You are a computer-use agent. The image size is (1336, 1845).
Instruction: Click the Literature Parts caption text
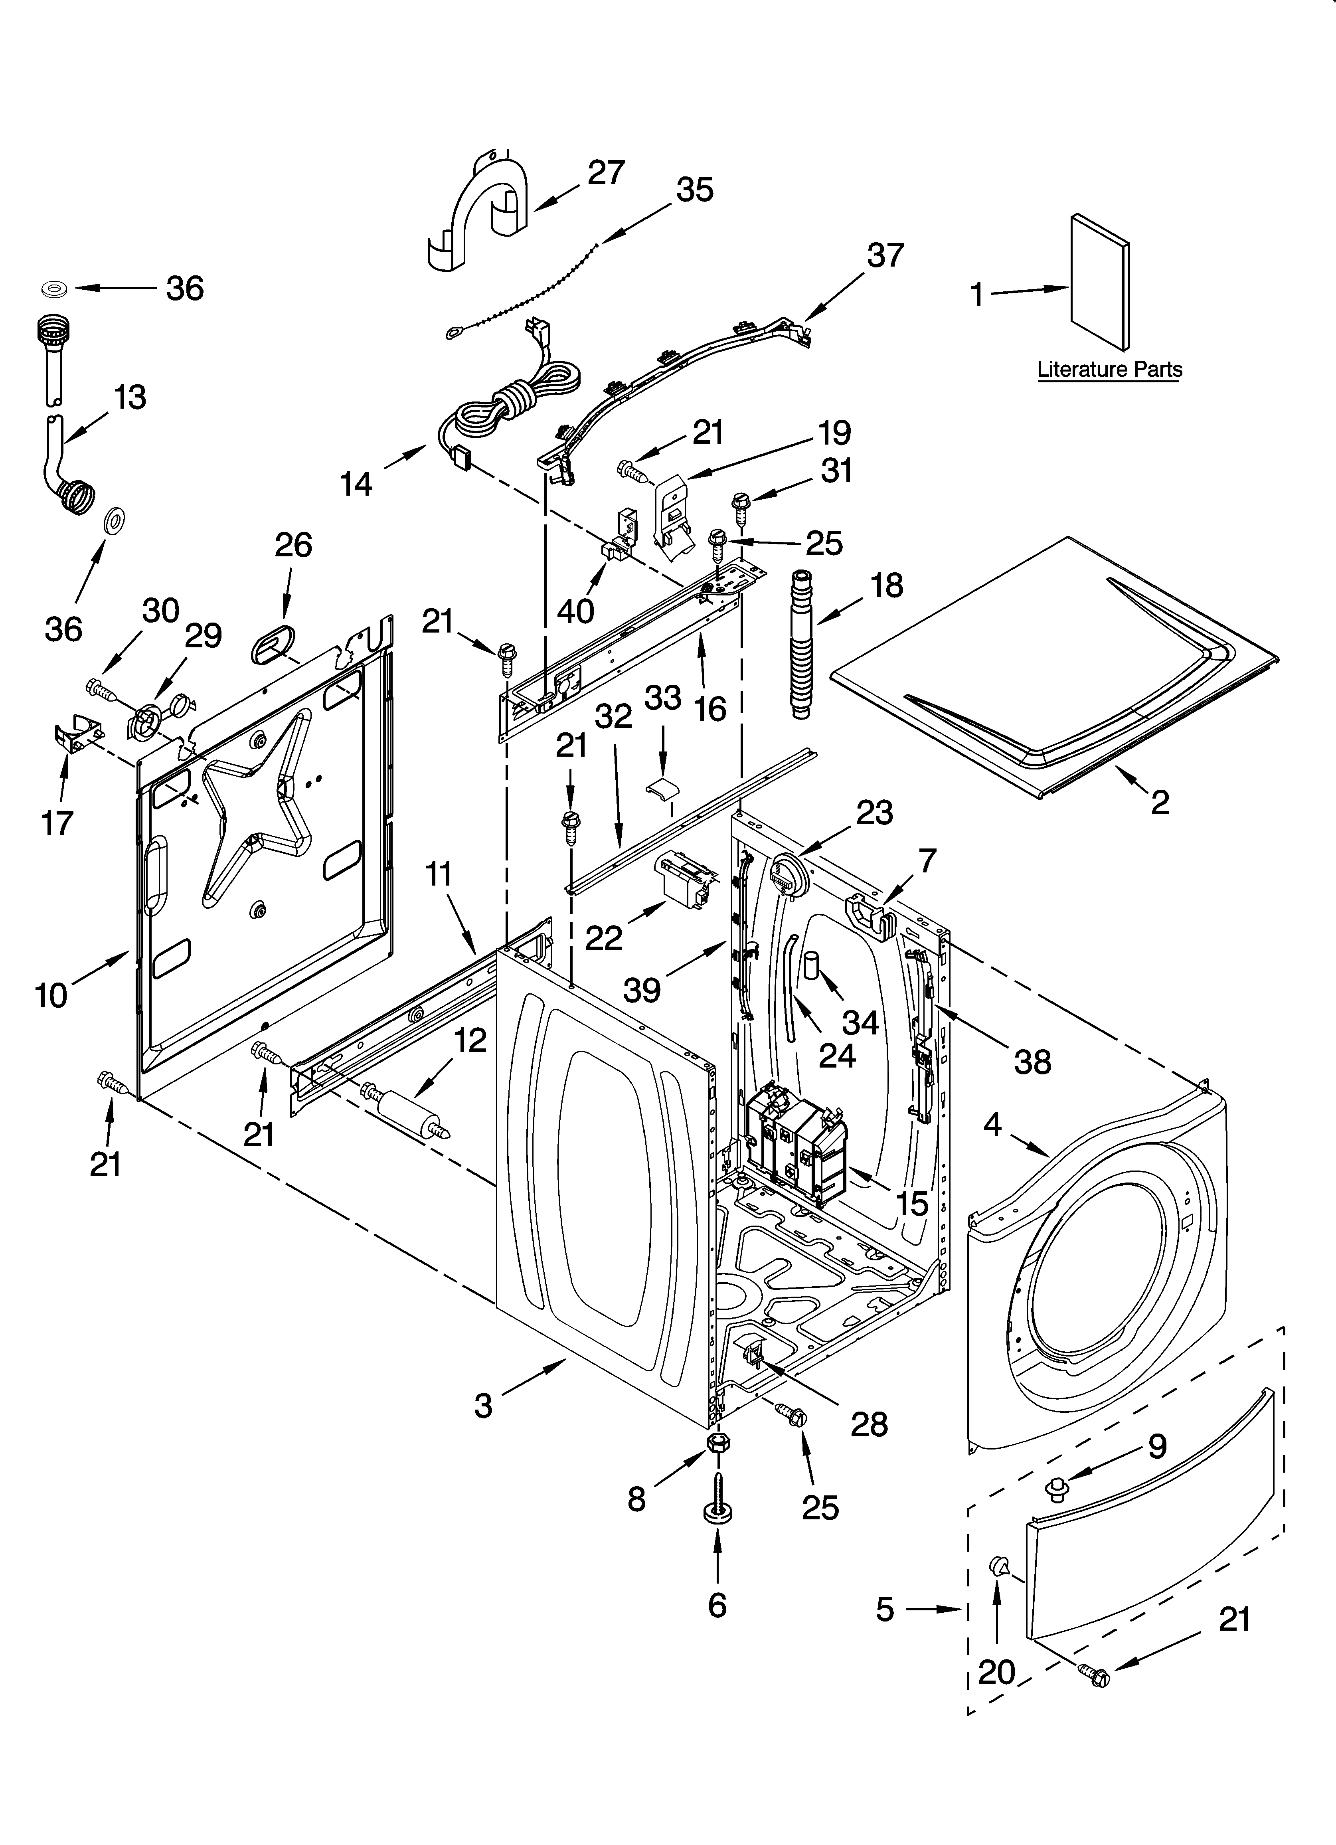click(x=1109, y=369)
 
